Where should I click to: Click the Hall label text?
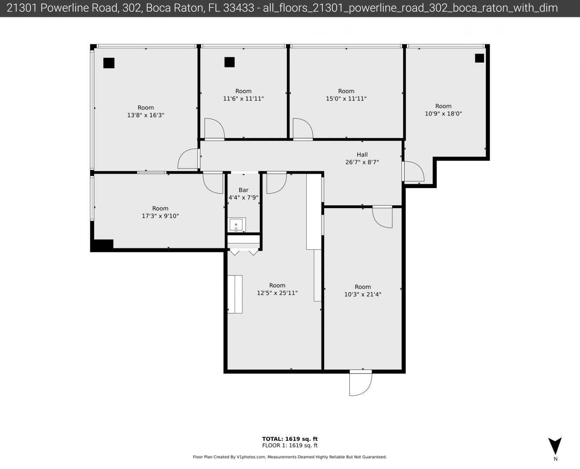click(x=362, y=155)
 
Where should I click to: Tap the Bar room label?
click(x=243, y=190)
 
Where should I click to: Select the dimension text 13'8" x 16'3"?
click(x=146, y=115)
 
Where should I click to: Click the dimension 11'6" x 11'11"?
click(x=243, y=99)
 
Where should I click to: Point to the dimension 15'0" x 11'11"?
click(x=346, y=99)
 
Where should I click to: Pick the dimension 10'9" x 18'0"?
click(x=443, y=113)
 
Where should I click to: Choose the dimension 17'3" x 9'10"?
click(x=160, y=216)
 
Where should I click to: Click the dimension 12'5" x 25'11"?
click(x=277, y=293)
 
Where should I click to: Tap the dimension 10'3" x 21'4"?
click(x=363, y=294)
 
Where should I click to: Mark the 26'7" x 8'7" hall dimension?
click(x=362, y=162)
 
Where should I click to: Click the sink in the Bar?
click(x=237, y=225)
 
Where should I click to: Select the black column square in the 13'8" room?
click(x=109, y=63)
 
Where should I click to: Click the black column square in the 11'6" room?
click(x=229, y=62)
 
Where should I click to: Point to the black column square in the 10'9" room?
click(x=480, y=58)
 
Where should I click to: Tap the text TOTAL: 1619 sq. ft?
click(x=290, y=439)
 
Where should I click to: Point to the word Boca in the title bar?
click(x=156, y=8)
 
